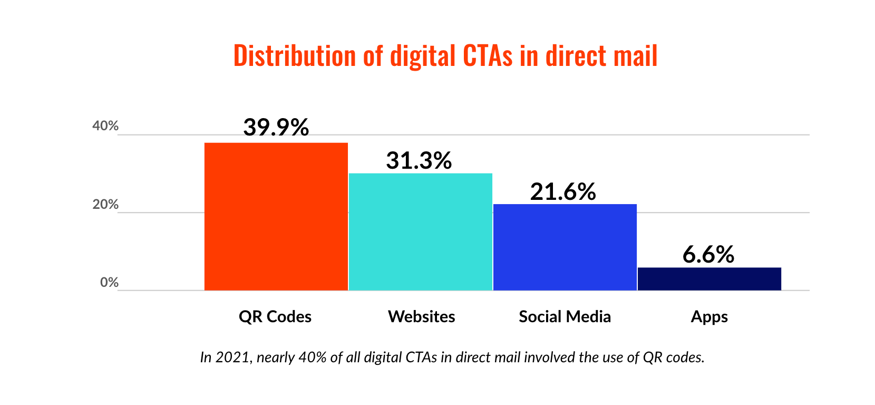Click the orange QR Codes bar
[276, 216]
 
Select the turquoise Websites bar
[420, 232]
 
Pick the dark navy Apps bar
[709, 278]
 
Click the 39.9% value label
[276, 127]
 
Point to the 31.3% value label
[419, 160]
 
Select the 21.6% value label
[562, 191]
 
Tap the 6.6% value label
[708, 255]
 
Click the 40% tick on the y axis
[105, 126]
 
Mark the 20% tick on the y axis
[105, 205]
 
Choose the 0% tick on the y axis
[109, 283]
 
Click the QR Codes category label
[275, 316]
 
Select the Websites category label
[421, 316]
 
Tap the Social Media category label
[565, 316]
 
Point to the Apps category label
[709, 317]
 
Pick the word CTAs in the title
[487, 56]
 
